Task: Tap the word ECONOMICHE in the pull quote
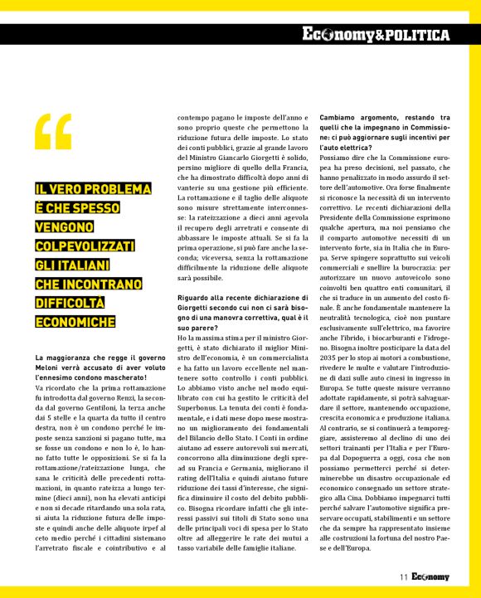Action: tap(75, 321)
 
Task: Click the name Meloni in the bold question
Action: tap(49, 367)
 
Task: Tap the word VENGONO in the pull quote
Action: tap(72, 226)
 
